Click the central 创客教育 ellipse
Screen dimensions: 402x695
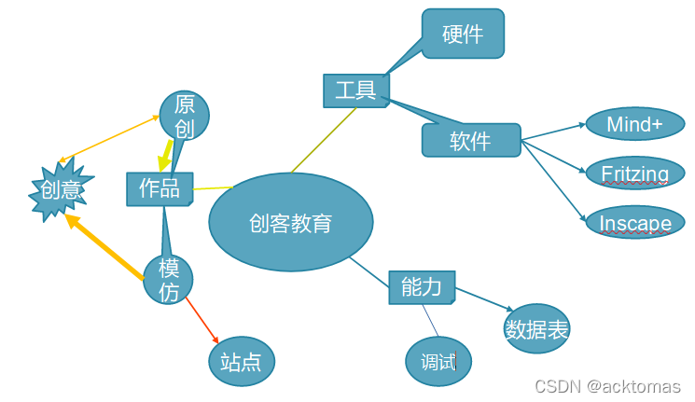click(290, 223)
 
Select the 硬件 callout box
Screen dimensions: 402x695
click(463, 34)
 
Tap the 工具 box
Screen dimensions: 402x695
click(355, 90)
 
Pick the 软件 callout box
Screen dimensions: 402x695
click(471, 141)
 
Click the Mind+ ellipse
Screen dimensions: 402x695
click(634, 125)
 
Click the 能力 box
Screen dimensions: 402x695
click(422, 286)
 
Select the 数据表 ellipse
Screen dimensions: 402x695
click(536, 329)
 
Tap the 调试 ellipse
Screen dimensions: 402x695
click(438, 362)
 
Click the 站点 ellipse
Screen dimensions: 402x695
click(241, 362)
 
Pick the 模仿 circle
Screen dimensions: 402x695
click(168, 280)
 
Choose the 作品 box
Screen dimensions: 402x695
click(160, 188)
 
